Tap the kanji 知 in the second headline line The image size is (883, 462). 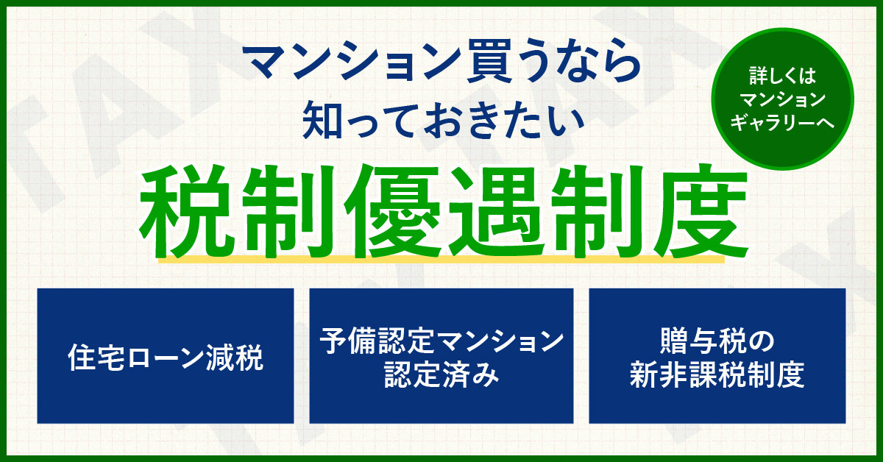tap(322, 119)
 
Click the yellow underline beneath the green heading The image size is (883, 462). tap(441, 259)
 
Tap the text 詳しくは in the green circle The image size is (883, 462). tap(782, 76)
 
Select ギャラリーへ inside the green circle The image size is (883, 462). tap(782, 122)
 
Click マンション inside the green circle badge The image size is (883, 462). tap(782, 99)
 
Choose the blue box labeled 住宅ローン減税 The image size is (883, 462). tap(166, 356)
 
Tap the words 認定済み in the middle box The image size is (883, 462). tap(441, 374)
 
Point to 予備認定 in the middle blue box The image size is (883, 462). tap(377, 341)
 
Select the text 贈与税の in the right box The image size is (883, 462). tap(717, 341)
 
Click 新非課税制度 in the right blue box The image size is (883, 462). tap(717, 374)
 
